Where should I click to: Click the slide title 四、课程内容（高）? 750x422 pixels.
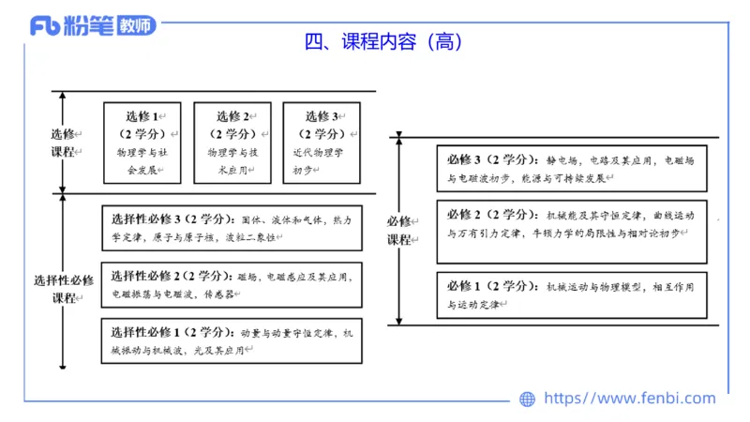(x=383, y=42)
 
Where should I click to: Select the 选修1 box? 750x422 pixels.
(x=142, y=143)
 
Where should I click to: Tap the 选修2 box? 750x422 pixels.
(x=232, y=143)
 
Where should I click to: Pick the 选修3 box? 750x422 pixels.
(x=322, y=143)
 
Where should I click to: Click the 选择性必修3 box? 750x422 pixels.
(x=231, y=228)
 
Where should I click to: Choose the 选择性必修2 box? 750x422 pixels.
(x=231, y=284)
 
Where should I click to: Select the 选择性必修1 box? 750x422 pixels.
(x=231, y=340)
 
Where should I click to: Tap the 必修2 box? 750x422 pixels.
(x=572, y=231)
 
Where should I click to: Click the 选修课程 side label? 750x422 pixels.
(x=64, y=143)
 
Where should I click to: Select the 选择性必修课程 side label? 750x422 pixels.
(x=64, y=288)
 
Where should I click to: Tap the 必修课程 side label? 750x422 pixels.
(x=399, y=231)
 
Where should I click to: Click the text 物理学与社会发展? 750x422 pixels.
(x=141, y=160)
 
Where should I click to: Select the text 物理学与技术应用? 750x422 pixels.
(x=231, y=160)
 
